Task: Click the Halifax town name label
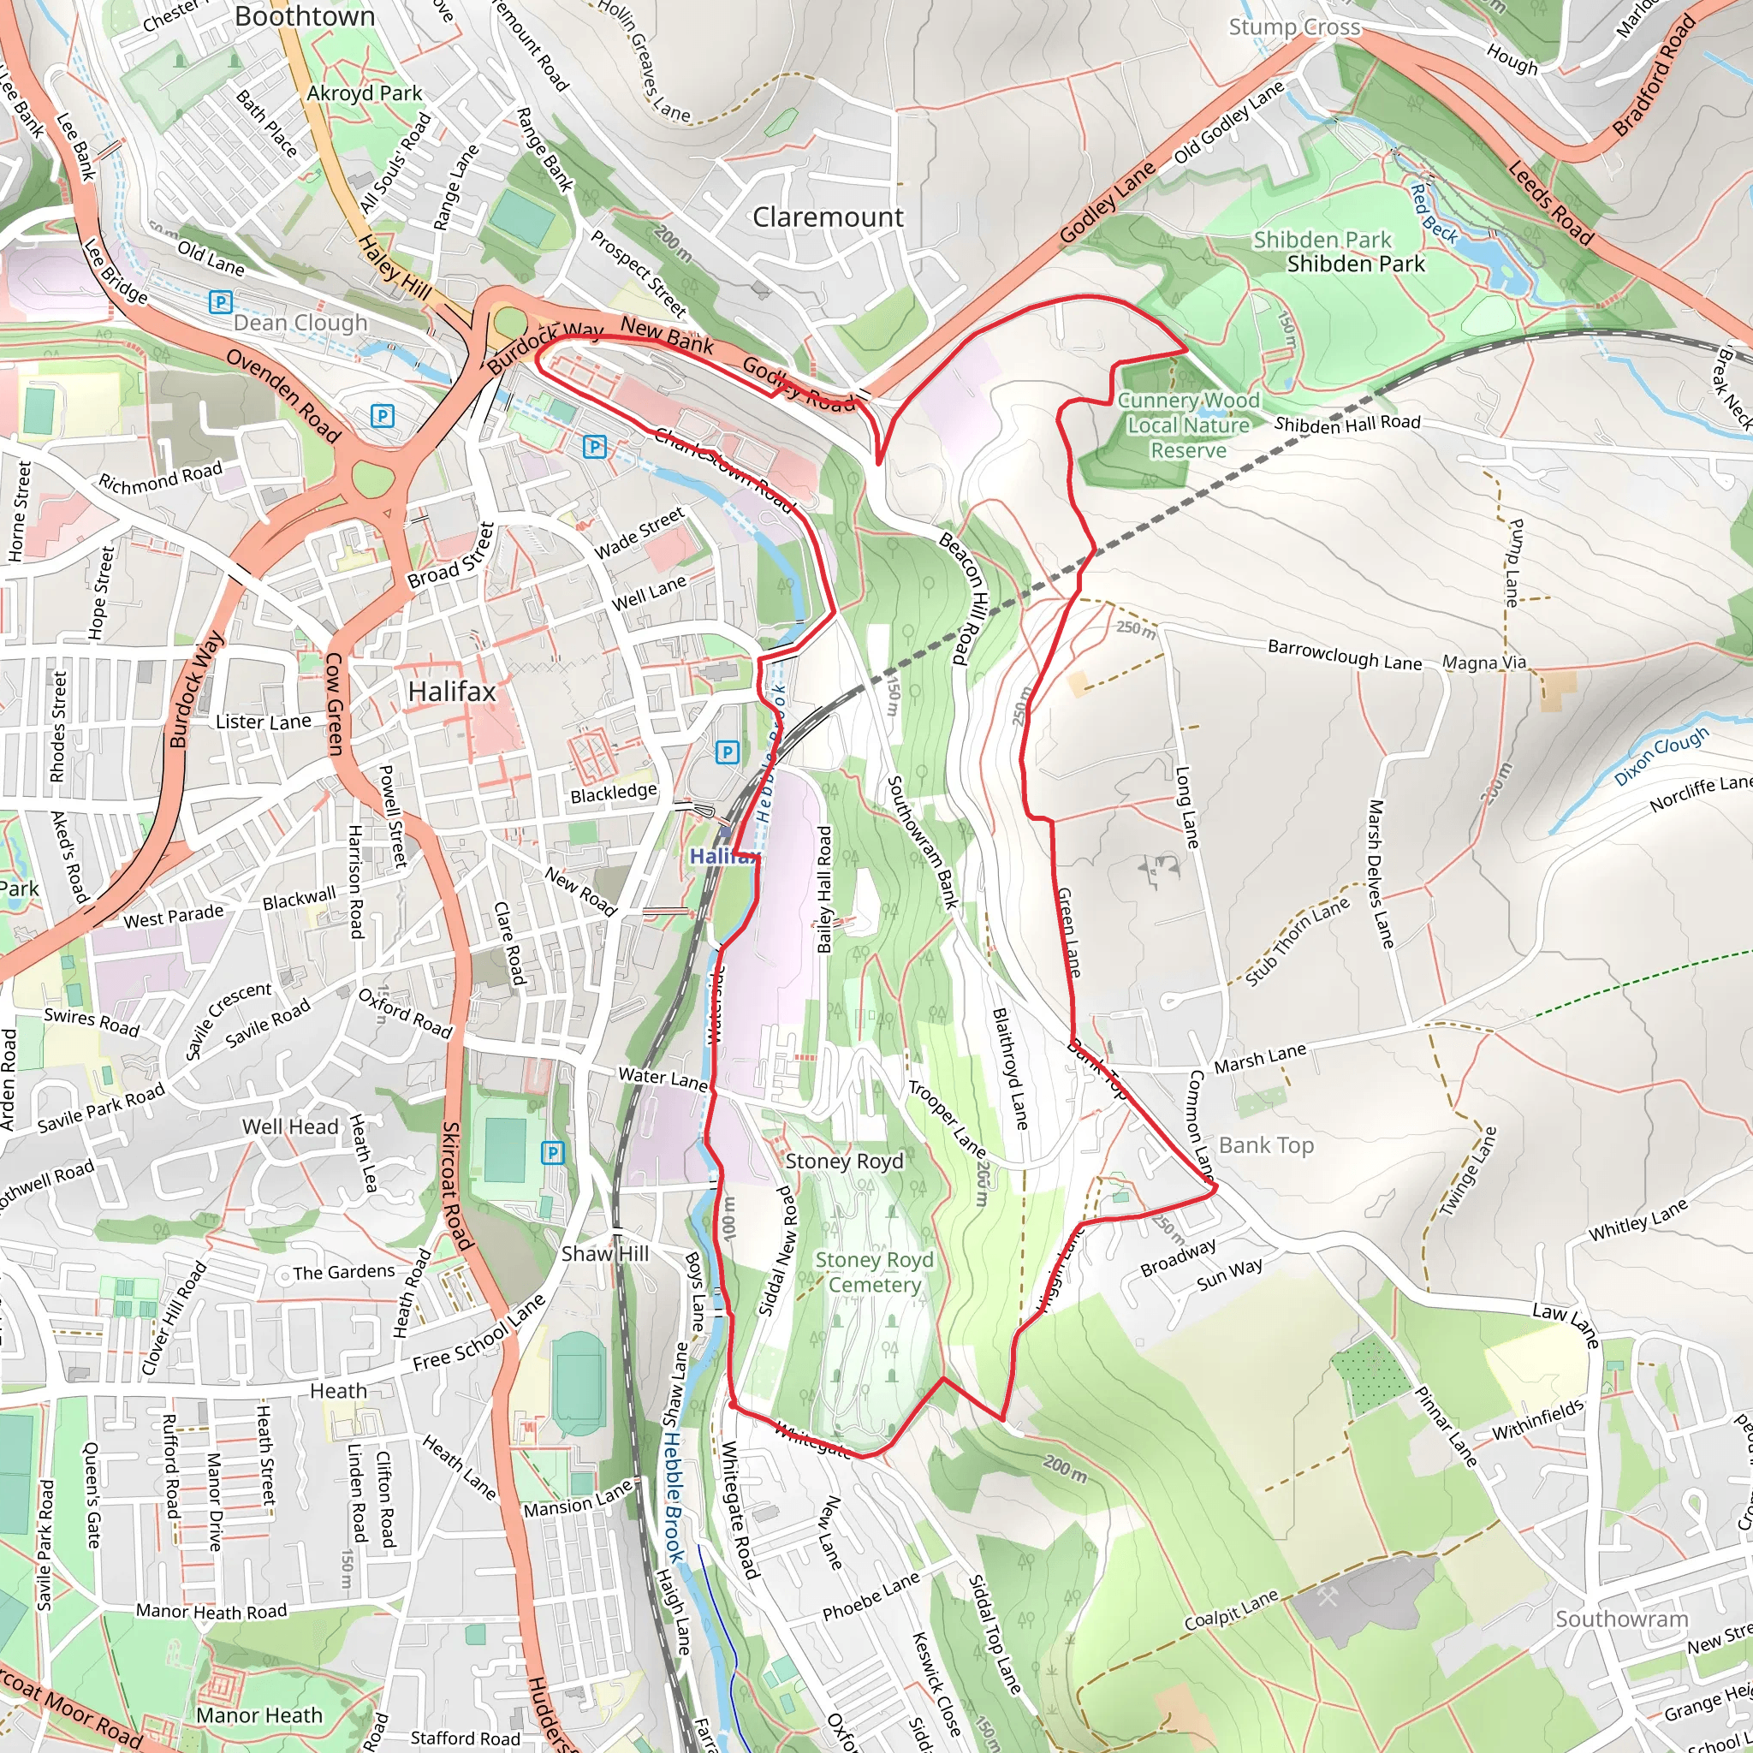tap(452, 692)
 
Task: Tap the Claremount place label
tap(828, 217)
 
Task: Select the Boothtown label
tap(304, 17)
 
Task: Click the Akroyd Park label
tap(364, 93)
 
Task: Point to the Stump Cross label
tap(1294, 27)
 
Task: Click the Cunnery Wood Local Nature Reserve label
tap(1188, 425)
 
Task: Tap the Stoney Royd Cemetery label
tap(874, 1272)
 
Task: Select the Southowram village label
tap(1621, 1619)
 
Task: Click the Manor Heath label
tap(259, 1716)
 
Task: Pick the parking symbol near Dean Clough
tap(220, 302)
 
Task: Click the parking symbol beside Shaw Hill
tap(553, 1153)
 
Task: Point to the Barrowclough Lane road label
tap(1344, 655)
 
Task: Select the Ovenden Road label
tap(282, 395)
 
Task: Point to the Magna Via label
tap(1484, 663)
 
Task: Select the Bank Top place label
tap(1266, 1145)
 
